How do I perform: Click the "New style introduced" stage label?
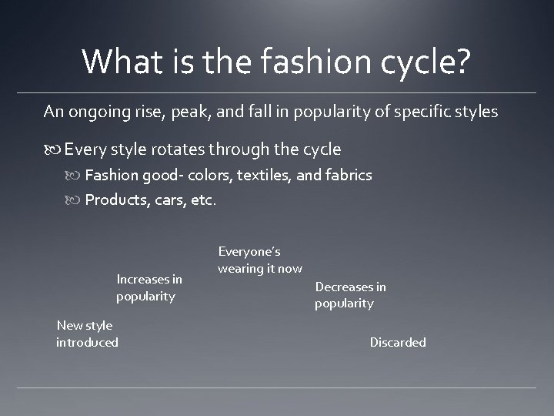[87, 334]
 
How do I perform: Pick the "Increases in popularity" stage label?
[149, 288]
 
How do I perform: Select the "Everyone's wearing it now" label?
[259, 260]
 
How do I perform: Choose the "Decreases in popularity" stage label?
[350, 295]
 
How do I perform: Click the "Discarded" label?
[398, 342]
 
